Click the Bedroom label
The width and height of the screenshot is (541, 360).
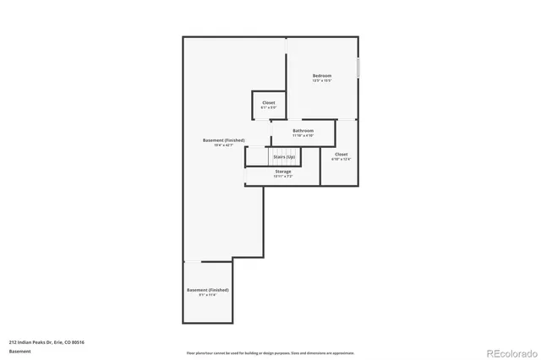click(322, 76)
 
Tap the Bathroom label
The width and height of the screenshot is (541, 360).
click(303, 131)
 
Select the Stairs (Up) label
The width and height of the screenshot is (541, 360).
click(284, 157)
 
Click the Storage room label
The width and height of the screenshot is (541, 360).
click(282, 172)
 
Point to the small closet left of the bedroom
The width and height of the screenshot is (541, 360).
click(268, 105)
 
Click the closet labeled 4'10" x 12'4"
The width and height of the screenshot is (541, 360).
click(341, 156)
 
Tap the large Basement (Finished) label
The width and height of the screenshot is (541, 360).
click(224, 139)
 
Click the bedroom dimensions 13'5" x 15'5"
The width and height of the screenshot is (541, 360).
click(322, 81)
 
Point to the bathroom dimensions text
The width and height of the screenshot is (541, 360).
click(303, 136)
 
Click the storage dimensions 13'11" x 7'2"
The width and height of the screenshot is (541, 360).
click(282, 177)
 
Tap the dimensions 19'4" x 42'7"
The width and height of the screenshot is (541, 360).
click(224, 145)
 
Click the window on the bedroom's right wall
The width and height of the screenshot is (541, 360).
click(358, 68)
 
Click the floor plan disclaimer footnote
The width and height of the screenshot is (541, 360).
click(270, 353)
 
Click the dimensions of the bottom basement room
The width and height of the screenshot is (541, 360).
click(207, 295)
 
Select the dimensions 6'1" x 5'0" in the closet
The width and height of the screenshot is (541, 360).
click(268, 108)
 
